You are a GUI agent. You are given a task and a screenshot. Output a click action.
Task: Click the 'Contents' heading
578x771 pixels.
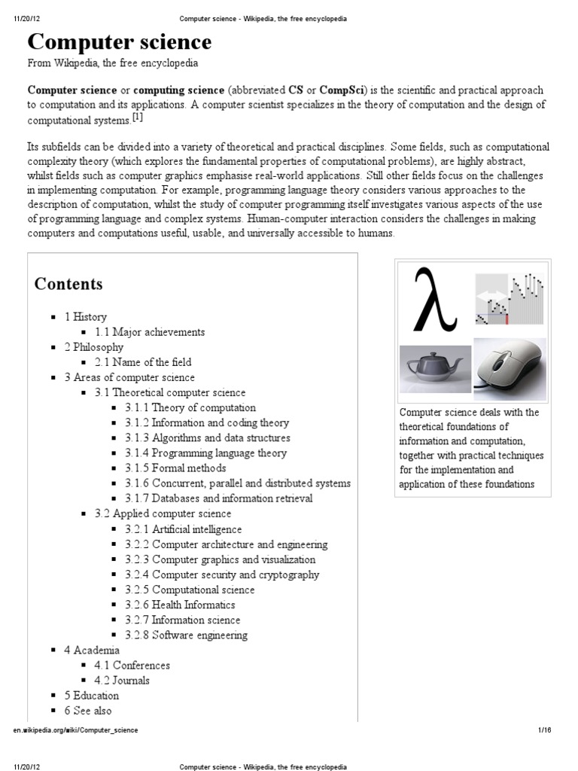(68, 284)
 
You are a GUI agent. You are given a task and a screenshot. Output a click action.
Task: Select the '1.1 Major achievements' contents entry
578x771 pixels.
(150, 332)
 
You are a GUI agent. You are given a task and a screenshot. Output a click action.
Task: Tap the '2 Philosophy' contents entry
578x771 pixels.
(93, 347)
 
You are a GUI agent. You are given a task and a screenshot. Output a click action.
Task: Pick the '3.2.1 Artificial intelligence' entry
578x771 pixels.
(184, 529)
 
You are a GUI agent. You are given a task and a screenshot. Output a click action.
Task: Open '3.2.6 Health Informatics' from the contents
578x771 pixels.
(180, 605)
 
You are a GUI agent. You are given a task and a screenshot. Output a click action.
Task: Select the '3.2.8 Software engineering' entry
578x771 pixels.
(186, 635)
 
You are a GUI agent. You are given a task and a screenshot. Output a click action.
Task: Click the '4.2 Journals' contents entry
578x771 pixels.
(122, 680)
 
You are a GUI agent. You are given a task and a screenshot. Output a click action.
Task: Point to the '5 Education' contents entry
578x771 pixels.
(91, 695)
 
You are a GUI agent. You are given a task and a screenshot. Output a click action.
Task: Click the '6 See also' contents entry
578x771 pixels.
(88, 710)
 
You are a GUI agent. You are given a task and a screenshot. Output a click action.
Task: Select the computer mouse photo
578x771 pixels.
(508, 365)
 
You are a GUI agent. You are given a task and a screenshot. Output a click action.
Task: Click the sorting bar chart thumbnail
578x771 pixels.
(509, 299)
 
